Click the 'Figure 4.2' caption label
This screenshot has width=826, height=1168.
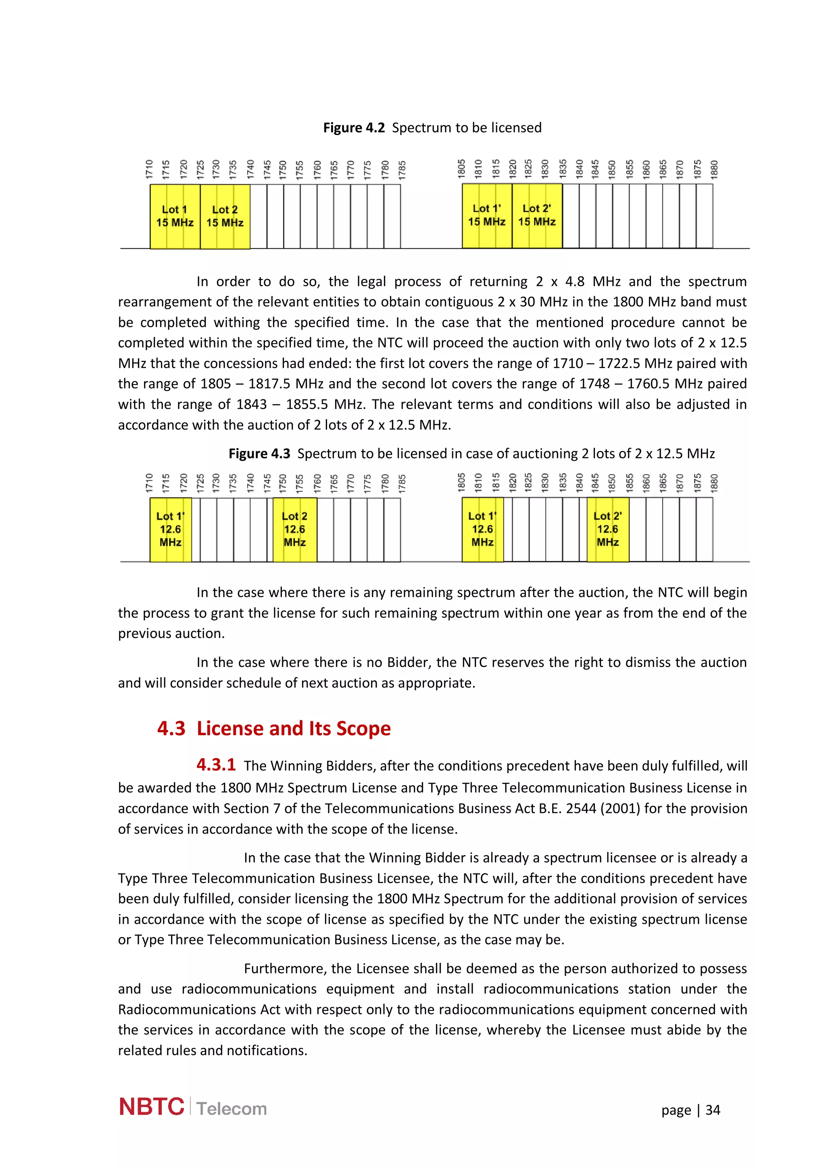354,128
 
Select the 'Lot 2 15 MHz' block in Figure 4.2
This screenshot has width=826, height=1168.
225,216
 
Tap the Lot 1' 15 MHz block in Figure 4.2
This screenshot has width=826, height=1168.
486,215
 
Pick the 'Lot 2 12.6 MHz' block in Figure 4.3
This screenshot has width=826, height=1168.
295,529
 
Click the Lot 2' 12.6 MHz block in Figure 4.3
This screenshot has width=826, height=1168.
608,529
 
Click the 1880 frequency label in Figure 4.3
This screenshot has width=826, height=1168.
714,483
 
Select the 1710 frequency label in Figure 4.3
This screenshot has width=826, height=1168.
149,483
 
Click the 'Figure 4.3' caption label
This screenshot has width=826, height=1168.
259,454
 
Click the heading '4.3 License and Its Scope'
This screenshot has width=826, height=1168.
274,728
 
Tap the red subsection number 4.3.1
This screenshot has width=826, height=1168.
216,764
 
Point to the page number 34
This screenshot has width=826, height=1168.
713,1110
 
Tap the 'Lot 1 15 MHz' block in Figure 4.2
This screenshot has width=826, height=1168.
175,216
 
